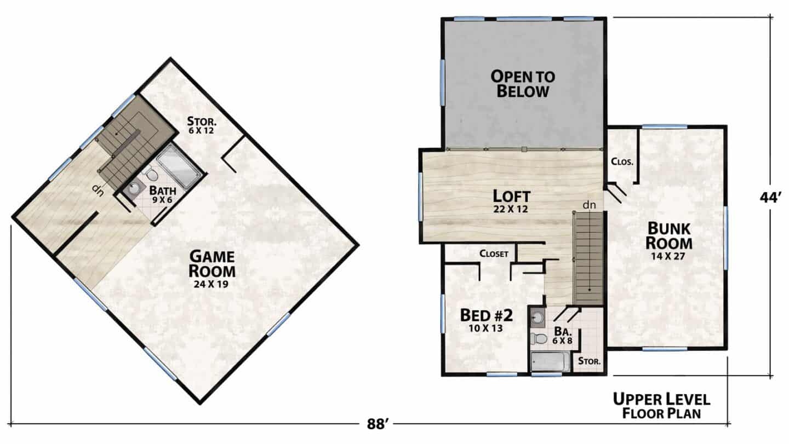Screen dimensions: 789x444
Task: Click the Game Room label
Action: pyautogui.click(x=212, y=264)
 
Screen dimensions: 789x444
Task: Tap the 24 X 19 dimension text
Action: pyautogui.click(x=211, y=284)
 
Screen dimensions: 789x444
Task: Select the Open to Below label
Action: pyautogui.click(x=523, y=84)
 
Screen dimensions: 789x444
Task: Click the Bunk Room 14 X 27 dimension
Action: pyautogui.click(x=668, y=256)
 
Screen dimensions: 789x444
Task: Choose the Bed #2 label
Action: pyautogui.click(x=487, y=315)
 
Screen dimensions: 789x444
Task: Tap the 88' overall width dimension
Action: pyautogui.click(x=377, y=424)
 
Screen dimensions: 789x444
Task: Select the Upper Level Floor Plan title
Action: pyautogui.click(x=661, y=406)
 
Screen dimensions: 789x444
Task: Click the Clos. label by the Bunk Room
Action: pyautogui.click(x=622, y=162)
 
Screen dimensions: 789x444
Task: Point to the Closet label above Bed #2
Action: pyautogui.click(x=494, y=253)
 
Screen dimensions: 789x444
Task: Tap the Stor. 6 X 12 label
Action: pyautogui.click(x=201, y=125)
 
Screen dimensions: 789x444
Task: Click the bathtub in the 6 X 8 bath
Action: pyautogui.click(x=550, y=361)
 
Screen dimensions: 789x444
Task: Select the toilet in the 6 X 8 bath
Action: pyautogui.click(x=538, y=338)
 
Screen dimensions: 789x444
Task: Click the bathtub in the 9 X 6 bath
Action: pyautogui.click(x=179, y=165)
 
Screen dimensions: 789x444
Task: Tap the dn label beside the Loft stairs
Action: pyautogui.click(x=589, y=205)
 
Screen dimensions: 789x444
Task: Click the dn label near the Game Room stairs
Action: pyautogui.click(x=98, y=191)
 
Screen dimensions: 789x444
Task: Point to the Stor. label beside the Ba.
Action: pyautogui.click(x=590, y=361)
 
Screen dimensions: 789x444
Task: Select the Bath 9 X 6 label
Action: pyautogui.click(x=162, y=195)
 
